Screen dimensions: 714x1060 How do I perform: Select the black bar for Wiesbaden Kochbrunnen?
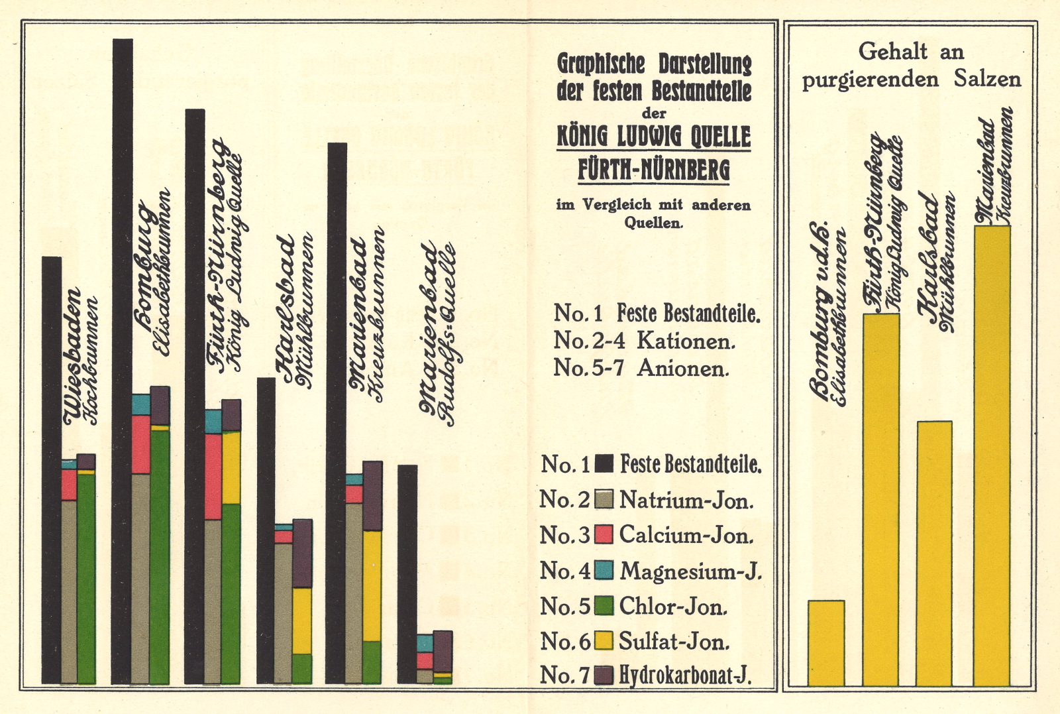[52, 464]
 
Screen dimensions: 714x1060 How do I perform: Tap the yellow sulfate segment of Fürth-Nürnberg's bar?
[231, 467]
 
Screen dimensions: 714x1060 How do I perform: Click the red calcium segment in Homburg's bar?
[140, 444]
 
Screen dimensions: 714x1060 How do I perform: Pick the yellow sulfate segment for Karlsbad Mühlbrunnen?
[302, 621]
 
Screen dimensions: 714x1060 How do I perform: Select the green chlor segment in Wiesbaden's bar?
[86, 577]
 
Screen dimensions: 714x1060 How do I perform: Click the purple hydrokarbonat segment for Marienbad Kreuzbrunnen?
[372, 496]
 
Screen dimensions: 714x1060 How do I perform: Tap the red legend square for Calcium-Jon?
[604, 534]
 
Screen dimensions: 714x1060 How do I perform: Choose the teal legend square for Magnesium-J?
[604, 570]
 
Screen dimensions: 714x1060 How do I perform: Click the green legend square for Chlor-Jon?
[604, 605]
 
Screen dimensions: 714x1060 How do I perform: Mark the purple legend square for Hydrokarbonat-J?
[604, 675]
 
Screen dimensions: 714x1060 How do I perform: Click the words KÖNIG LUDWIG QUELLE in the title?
[653, 137]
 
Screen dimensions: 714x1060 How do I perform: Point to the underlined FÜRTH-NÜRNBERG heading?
[653, 170]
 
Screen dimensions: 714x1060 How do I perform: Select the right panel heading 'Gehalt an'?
[911, 51]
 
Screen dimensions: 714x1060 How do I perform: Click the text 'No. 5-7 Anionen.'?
[641, 368]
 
